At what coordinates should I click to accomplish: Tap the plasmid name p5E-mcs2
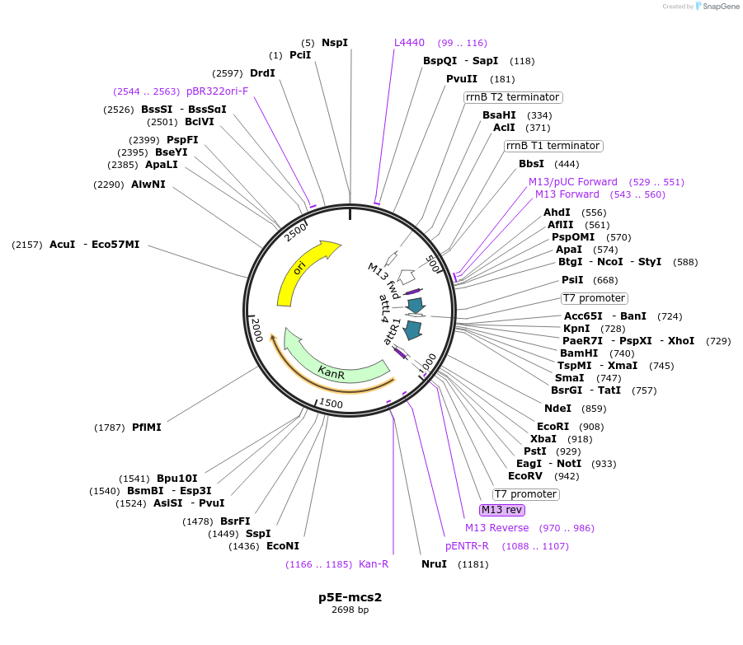(x=350, y=597)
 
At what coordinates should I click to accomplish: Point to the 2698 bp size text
(x=350, y=610)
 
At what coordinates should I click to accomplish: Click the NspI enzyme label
(x=335, y=43)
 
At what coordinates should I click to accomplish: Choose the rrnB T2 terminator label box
(x=513, y=97)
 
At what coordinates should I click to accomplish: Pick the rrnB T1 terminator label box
(x=553, y=146)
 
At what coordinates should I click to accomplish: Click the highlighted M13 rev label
(x=502, y=510)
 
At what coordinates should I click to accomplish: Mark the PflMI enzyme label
(x=147, y=428)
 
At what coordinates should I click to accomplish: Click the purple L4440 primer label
(x=409, y=43)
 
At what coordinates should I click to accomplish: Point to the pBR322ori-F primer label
(x=217, y=91)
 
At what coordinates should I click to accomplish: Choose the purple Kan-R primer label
(x=374, y=564)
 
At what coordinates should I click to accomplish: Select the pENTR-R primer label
(x=467, y=546)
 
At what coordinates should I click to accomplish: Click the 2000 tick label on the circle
(x=257, y=330)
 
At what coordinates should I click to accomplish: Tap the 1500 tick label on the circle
(x=331, y=403)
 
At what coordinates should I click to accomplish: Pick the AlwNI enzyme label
(x=148, y=185)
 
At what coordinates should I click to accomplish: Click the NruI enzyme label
(x=434, y=564)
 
